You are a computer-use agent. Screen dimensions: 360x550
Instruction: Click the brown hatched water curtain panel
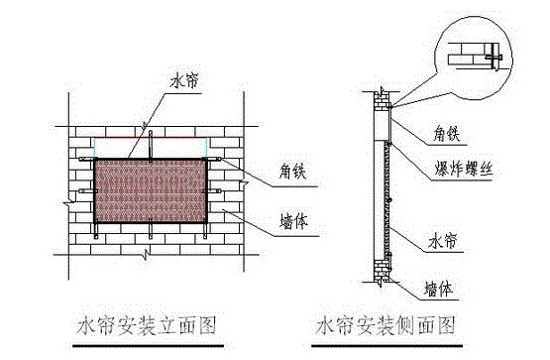[x=151, y=190]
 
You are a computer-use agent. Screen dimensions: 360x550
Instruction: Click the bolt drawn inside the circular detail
[x=494, y=60]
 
